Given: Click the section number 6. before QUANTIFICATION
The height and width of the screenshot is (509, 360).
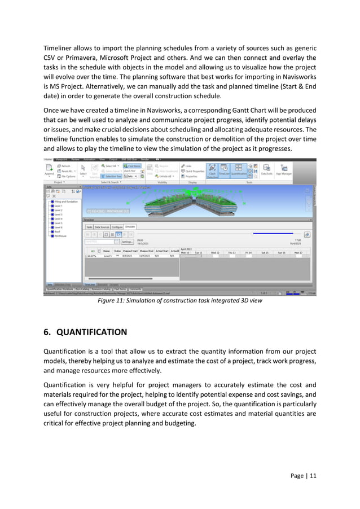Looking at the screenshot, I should coord(48,332).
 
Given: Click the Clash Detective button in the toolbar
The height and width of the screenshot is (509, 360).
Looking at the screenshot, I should coord(212,170).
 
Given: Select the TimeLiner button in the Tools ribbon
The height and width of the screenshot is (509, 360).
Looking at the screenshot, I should coord(225,170).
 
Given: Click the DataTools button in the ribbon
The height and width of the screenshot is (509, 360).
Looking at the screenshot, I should coord(267,170).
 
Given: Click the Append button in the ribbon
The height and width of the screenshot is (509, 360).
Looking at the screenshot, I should coord(49,170).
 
